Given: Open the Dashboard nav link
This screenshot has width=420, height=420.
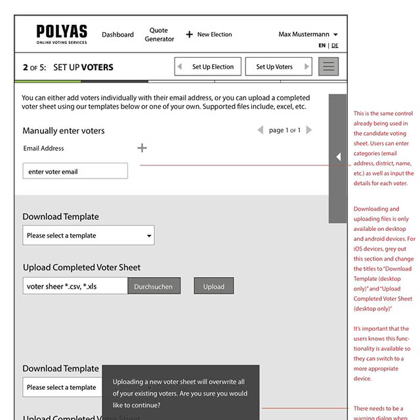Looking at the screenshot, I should [117, 35].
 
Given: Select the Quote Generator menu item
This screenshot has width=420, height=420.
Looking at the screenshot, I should [159, 35].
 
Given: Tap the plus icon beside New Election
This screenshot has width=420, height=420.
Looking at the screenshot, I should [189, 35].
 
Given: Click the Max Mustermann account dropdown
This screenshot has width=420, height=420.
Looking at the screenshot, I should [308, 34].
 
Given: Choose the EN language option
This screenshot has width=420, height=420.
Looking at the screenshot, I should [322, 46].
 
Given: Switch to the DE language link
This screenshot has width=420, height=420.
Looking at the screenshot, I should [335, 46].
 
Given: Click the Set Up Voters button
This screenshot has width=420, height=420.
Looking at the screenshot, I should [279, 66].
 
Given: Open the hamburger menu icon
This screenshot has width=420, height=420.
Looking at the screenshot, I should [328, 66].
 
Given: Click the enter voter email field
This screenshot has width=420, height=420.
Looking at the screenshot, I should [75, 171].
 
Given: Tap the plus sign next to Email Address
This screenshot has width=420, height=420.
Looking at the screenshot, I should [142, 148].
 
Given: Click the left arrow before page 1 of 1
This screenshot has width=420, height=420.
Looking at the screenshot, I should [261, 130].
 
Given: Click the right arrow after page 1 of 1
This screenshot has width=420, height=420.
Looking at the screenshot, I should [309, 130].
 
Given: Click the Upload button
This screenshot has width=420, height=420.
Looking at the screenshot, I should [213, 286].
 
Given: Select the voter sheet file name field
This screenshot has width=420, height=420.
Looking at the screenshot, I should [75, 286].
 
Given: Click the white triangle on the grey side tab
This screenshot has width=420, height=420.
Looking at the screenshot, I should [338, 157].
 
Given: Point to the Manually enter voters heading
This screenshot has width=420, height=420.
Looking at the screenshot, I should [64, 131].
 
